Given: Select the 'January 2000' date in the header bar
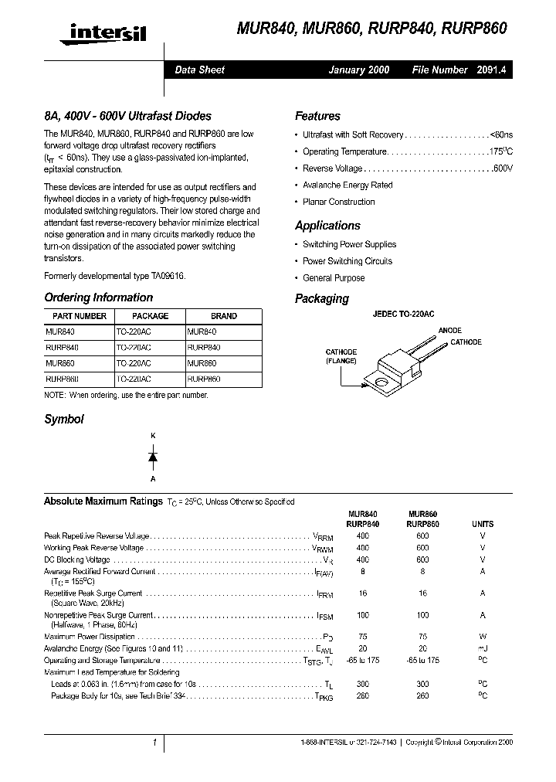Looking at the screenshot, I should pyautogui.click(x=358, y=70).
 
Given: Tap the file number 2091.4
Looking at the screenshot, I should pyautogui.click(x=491, y=70).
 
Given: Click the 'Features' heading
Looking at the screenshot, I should pyautogui.click(x=317, y=116).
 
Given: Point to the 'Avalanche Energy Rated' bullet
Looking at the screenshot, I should pyautogui.click(x=347, y=185).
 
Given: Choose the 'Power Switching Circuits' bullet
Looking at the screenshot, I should pyautogui.click(x=347, y=261).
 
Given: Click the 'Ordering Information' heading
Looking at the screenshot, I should pyautogui.click(x=98, y=297).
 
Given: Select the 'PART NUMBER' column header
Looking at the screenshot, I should pyautogui.click(x=80, y=316).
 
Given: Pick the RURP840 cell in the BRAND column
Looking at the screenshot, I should pyautogui.click(x=204, y=348).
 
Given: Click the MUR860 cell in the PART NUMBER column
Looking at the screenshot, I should pyautogui.click(x=61, y=363).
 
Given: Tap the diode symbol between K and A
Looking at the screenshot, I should pyautogui.click(x=153, y=457).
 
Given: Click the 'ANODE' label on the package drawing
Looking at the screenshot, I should pyautogui.click(x=450, y=331).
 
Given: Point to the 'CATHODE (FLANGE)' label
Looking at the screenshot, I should pyautogui.click(x=340, y=356).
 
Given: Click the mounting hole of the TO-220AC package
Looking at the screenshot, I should pyautogui.click(x=381, y=381).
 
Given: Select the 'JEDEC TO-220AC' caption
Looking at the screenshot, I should pyautogui.click(x=403, y=314).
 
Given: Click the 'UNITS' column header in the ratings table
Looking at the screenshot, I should pyautogui.click(x=483, y=524).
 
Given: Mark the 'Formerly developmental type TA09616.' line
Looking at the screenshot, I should pyautogui.click(x=115, y=276).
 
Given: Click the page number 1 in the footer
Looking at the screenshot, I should pyautogui.click(x=154, y=743).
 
